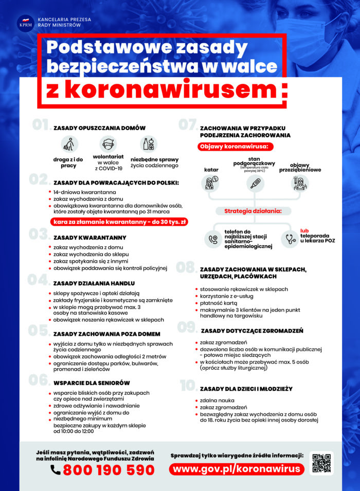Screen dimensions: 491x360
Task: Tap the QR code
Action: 321,463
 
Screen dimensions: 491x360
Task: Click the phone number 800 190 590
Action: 109,470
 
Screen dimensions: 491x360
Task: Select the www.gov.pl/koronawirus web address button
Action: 237,469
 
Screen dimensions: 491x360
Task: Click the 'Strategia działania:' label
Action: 252,211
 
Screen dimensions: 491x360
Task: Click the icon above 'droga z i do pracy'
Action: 68,144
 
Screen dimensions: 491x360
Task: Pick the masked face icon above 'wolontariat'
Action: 108,143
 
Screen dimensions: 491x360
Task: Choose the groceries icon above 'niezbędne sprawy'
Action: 148,144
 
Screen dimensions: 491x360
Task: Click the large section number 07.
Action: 187,125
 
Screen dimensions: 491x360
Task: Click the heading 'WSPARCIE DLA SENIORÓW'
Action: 92,383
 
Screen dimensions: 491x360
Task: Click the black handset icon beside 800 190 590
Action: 56,470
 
